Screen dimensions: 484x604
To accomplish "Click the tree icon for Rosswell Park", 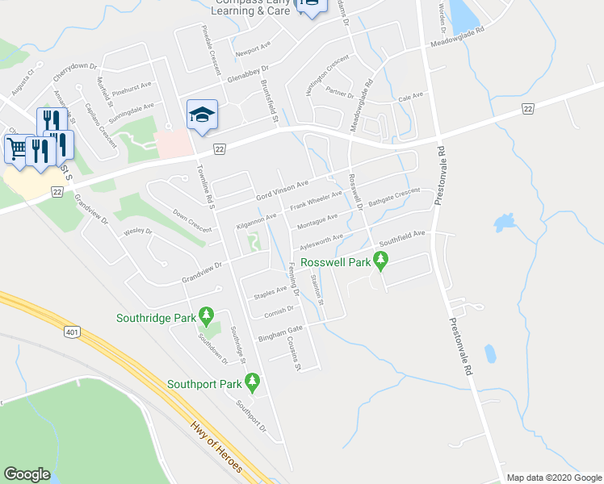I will point(381,259).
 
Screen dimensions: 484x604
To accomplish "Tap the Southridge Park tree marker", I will point(207,314).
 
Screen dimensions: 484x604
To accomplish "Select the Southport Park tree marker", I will point(253,380).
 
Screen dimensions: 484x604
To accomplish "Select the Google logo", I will point(27,474).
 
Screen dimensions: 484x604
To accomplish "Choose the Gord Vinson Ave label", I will point(283,191).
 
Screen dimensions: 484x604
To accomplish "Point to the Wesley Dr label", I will point(137,232).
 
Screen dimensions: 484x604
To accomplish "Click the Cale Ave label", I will point(411,97).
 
